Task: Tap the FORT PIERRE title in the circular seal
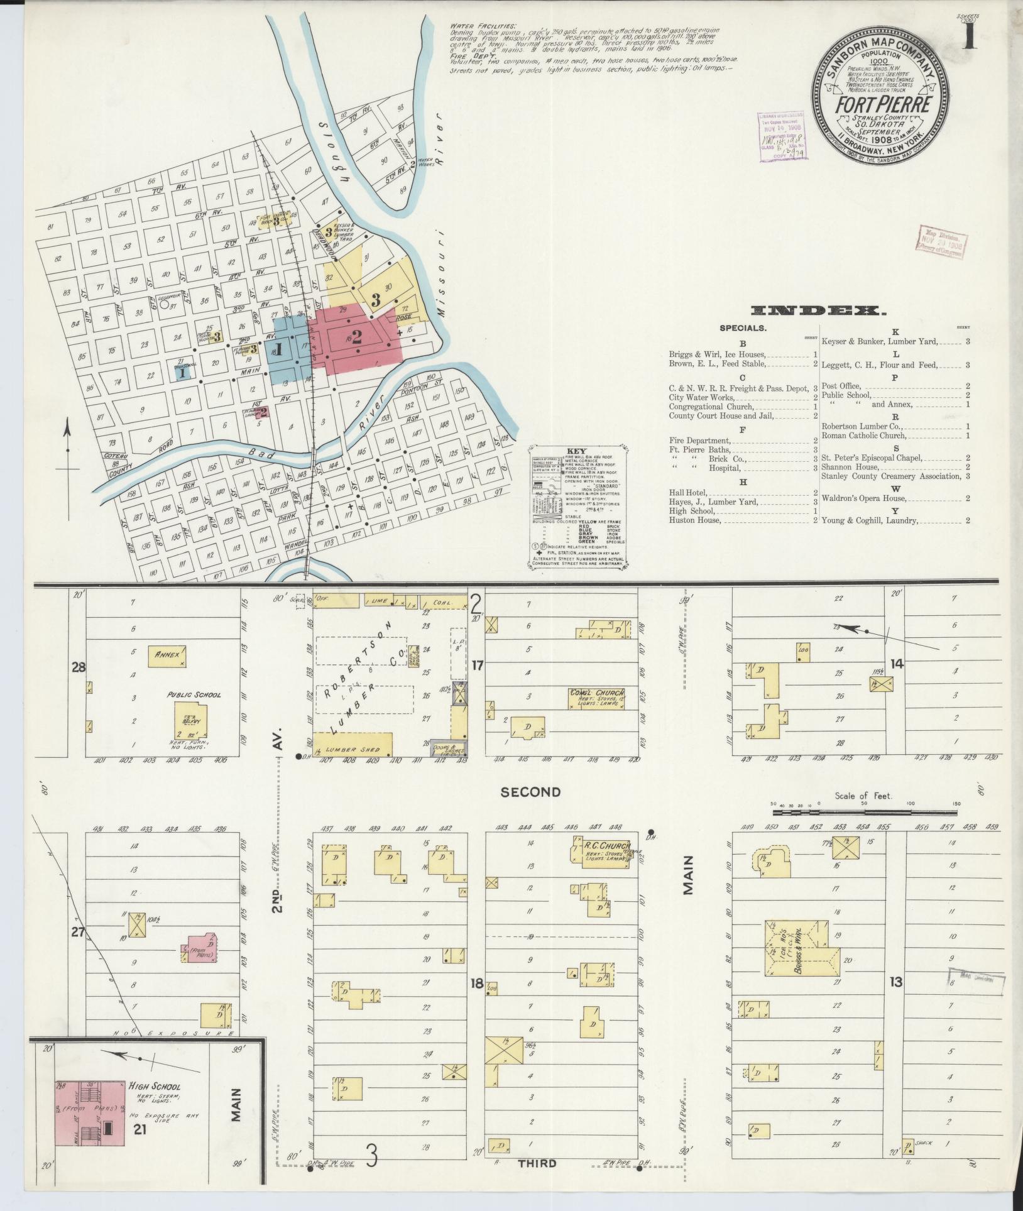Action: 882,105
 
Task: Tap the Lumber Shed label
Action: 356,749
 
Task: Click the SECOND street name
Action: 531,792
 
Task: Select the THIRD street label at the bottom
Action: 538,1163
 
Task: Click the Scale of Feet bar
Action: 863,813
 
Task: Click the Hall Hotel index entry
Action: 688,493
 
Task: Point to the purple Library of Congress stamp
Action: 783,137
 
